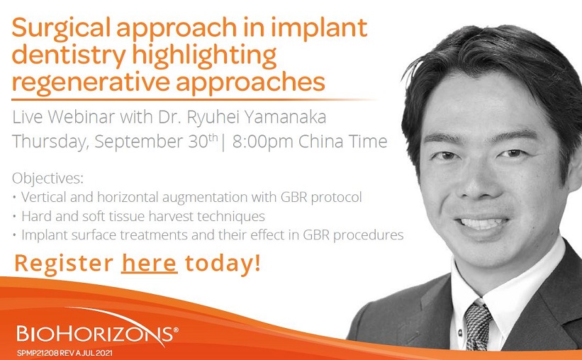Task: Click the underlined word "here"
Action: (x=149, y=263)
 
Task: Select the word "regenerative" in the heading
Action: (x=91, y=82)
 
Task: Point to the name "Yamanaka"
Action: (x=286, y=117)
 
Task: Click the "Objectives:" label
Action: (x=47, y=179)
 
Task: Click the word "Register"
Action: (x=64, y=264)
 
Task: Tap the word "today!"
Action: (x=223, y=263)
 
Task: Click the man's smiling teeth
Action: (x=482, y=223)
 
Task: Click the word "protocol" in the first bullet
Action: (x=336, y=198)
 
